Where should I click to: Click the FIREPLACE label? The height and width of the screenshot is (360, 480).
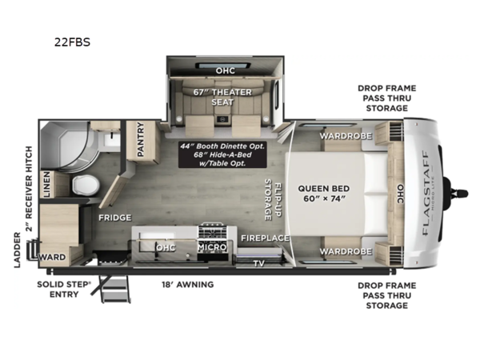click(x=261, y=238)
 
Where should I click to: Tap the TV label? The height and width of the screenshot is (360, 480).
click(x=258, y=262)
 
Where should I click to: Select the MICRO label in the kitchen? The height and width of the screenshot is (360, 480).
click(x=213, y=248)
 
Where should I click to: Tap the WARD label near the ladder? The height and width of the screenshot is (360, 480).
click(x=54, y=258)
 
